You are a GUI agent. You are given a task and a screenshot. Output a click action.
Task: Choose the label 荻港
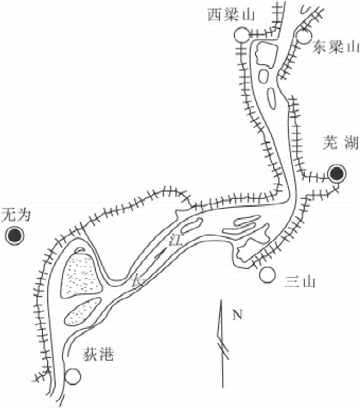pos(99,355)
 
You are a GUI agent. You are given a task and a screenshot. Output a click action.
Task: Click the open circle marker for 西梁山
pos(241,35)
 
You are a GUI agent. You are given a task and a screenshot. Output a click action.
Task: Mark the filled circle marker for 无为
pos(14,235)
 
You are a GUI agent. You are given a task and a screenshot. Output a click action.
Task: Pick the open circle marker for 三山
pos(268,275)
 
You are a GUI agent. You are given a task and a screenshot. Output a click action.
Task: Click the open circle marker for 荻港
pos(73,376)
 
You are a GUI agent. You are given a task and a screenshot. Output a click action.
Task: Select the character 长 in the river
pos(138,282)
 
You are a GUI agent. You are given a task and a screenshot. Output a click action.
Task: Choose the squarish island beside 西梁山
pos(266,54)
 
